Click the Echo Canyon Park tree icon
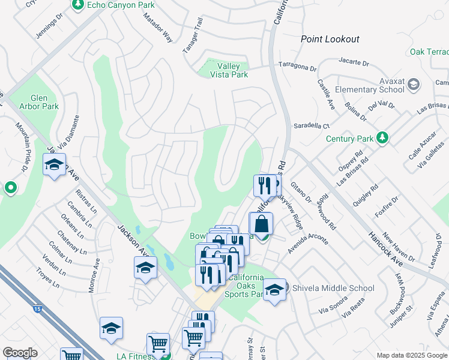(x=77, y=5)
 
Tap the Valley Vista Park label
(x=229, y=70)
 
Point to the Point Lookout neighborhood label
(x=330, y=39)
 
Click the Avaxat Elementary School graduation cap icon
(x=413, y=85)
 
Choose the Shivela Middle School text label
(x=333, y=288)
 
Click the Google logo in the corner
(x=20, y=352)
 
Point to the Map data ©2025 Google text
(x=411, y=355)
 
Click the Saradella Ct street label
(x=311, y=126)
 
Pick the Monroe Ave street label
(x=94, y=275)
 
